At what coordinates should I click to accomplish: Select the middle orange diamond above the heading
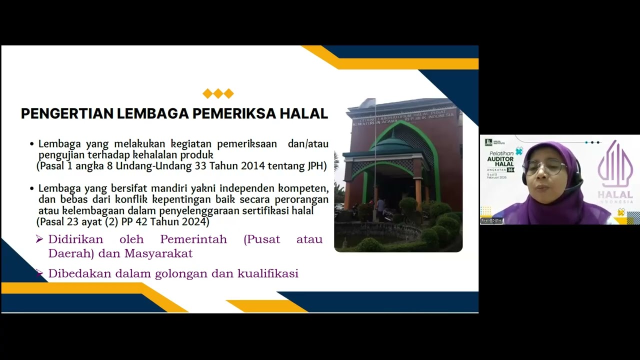coord(218,93)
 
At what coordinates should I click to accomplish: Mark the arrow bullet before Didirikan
coord(39,239)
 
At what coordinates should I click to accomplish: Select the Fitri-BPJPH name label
coord(492,221)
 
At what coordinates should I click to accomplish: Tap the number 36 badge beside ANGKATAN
coord(510,170)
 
